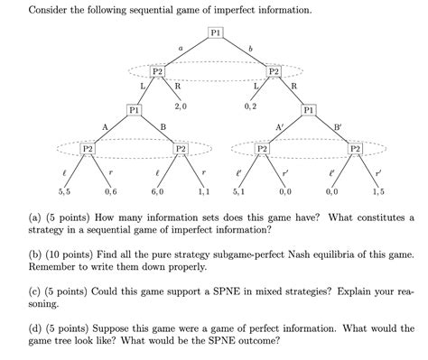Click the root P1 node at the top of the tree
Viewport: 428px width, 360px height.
click(x=215, y=33)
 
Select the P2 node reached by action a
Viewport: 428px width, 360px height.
click(x=157, y=71)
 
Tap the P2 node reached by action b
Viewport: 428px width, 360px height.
click(x=274, y=71)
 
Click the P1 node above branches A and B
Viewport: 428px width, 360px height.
click(x=134, y=110)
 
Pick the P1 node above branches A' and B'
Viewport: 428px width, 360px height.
click(x=310, y=110)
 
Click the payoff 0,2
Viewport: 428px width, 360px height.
click(x=250, y=106)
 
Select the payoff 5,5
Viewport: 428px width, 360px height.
click(x=64, y=192)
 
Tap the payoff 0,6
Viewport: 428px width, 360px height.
click(x=110, y=192)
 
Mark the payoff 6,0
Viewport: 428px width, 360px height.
click(x=157, y=192)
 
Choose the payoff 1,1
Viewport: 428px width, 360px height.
click(x=203, y=192)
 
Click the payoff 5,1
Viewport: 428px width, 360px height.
click(x=238, y=192)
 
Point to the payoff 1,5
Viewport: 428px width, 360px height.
click(x=377, y=192)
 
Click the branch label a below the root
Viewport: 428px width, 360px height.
click(x=181, y=46)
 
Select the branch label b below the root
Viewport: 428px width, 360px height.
click(x=250, y=46)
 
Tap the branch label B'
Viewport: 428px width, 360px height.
click(x=338, y=127)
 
